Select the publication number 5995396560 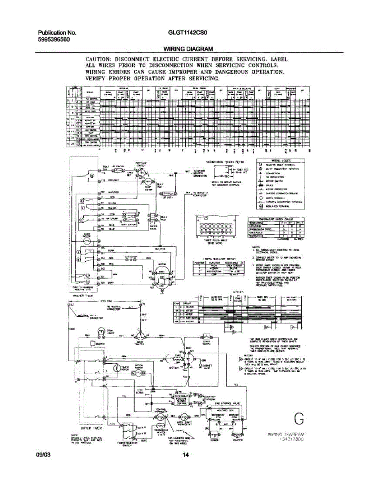pos(55,40)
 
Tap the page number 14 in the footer pos(185,455)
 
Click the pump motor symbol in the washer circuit pos(143,183)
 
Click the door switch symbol pos(139,336)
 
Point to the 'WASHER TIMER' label pos(83,296)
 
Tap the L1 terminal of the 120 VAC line pos(72,305)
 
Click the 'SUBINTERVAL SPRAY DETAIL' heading pos(225,162)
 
